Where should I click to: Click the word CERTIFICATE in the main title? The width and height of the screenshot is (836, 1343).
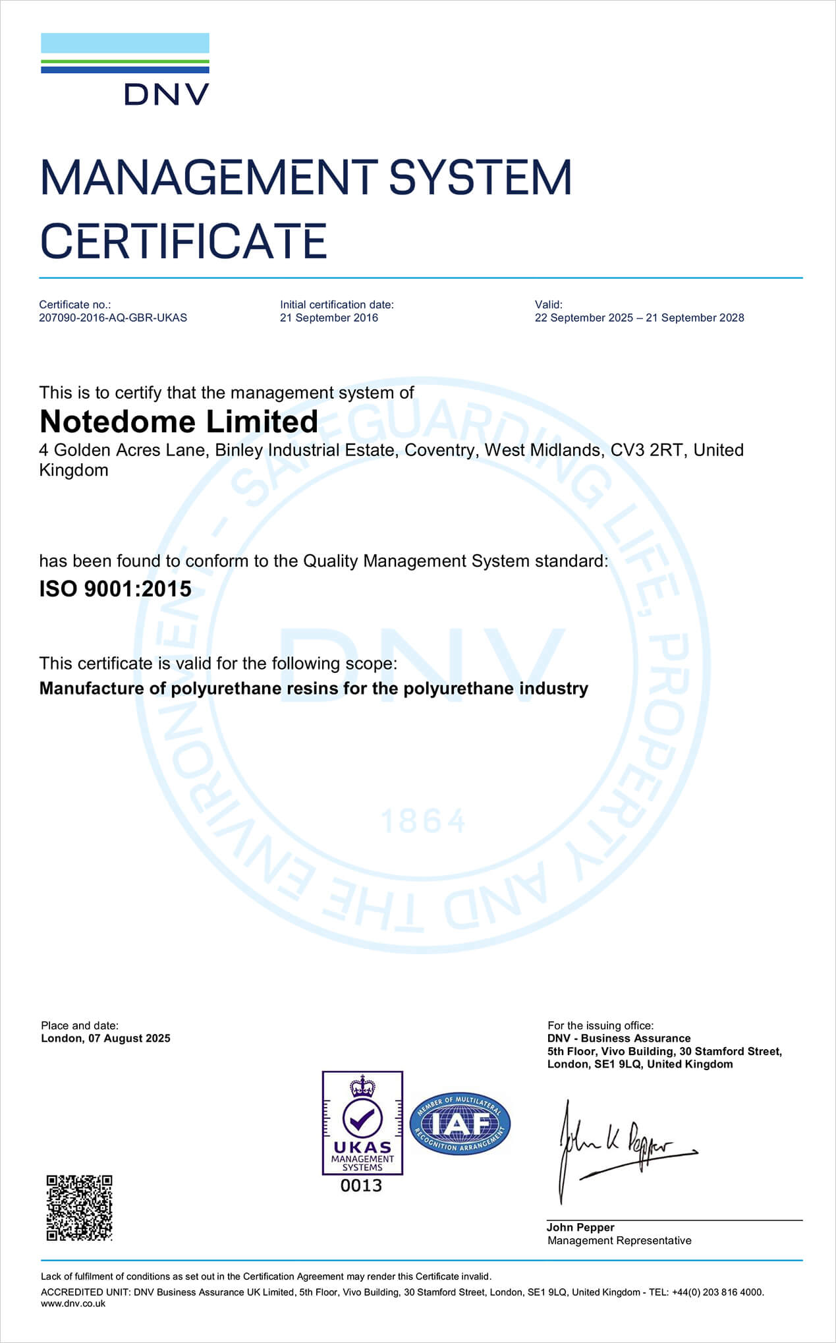pyautogui.click(x=183, y=241)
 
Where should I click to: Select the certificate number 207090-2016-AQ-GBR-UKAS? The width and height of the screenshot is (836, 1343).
pyautogui.click(x=113, y=318)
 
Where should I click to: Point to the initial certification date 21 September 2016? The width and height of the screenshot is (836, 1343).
pyautogui.click(x=329, y=318)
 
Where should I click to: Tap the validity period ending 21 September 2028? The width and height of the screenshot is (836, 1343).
pyautogui.click(x=639, y=318)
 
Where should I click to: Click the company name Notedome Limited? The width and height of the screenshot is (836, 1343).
pyautogui.click(x=179, y=422)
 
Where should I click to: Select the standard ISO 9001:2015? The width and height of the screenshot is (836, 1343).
pyautogui.click(x=115, y=588)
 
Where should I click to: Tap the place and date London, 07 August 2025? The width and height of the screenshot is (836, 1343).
pyautogui.click(x=105, y=1039)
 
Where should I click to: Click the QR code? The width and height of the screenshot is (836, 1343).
pyautogui.click(x=79, y=1208)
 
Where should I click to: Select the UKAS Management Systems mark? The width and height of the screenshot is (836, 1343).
pyautogui.click(x=362, y=1123)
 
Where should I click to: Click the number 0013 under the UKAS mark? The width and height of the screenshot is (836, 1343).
pyautogui.click(x=361, y=1186)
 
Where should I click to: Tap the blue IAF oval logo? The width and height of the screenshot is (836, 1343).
pyautogui.click(x=460, y=1124)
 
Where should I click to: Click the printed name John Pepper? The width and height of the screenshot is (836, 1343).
pyautogui.click(x=580, y=1227)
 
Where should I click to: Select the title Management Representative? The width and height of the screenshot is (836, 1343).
pyautogui.click(x=619, y=1240)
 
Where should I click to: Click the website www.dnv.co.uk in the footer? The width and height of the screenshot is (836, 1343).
pyautogui.click(x=73, y=1303)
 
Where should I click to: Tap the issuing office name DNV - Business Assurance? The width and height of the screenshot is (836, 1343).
pyautogui.click(x=619, y=1039)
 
